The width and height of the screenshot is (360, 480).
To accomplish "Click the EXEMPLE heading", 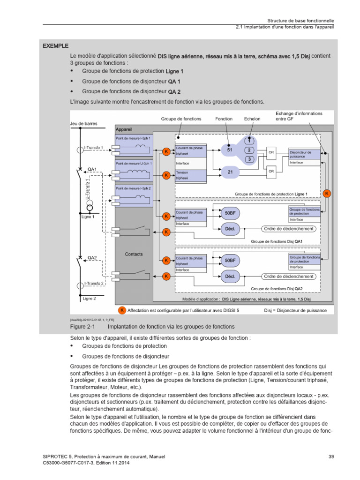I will point(55,46).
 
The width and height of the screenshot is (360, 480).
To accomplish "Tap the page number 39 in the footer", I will point(331,457).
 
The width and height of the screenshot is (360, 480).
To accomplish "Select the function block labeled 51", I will point(230,150).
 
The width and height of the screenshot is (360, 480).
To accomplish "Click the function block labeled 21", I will point(230,172).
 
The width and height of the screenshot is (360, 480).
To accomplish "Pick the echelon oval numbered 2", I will point(250,150).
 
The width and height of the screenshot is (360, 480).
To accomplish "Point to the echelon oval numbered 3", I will point(250,159).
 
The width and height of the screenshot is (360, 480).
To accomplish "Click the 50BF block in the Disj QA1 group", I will point(230,213).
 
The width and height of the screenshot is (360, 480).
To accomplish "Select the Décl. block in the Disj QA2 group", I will point(230,277).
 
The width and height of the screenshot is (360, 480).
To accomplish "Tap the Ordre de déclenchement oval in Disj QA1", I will point(288,228).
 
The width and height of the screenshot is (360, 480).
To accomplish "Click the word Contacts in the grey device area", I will point(134,254).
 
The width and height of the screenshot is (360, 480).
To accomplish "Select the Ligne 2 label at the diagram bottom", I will point(89,298).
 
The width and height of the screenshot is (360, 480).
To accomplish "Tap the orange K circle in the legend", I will point(121,310).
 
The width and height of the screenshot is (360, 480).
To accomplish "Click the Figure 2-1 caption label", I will point(82,326).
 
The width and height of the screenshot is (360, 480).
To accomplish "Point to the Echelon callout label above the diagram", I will point(252,119).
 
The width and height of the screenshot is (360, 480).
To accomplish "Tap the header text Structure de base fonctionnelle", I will point(300,21).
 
